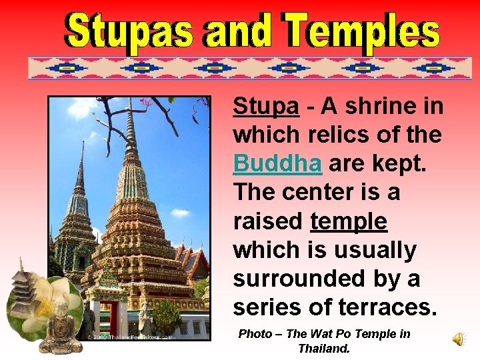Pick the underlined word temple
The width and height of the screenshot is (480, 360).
[x=349, y=221]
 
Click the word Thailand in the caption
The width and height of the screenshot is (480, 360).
[x=324, y=348]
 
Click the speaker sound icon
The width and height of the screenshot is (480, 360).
[x=459, y=339]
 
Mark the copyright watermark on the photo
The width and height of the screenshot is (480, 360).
[x=130, y=337]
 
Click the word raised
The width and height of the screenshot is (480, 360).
[x=268, y=221]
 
